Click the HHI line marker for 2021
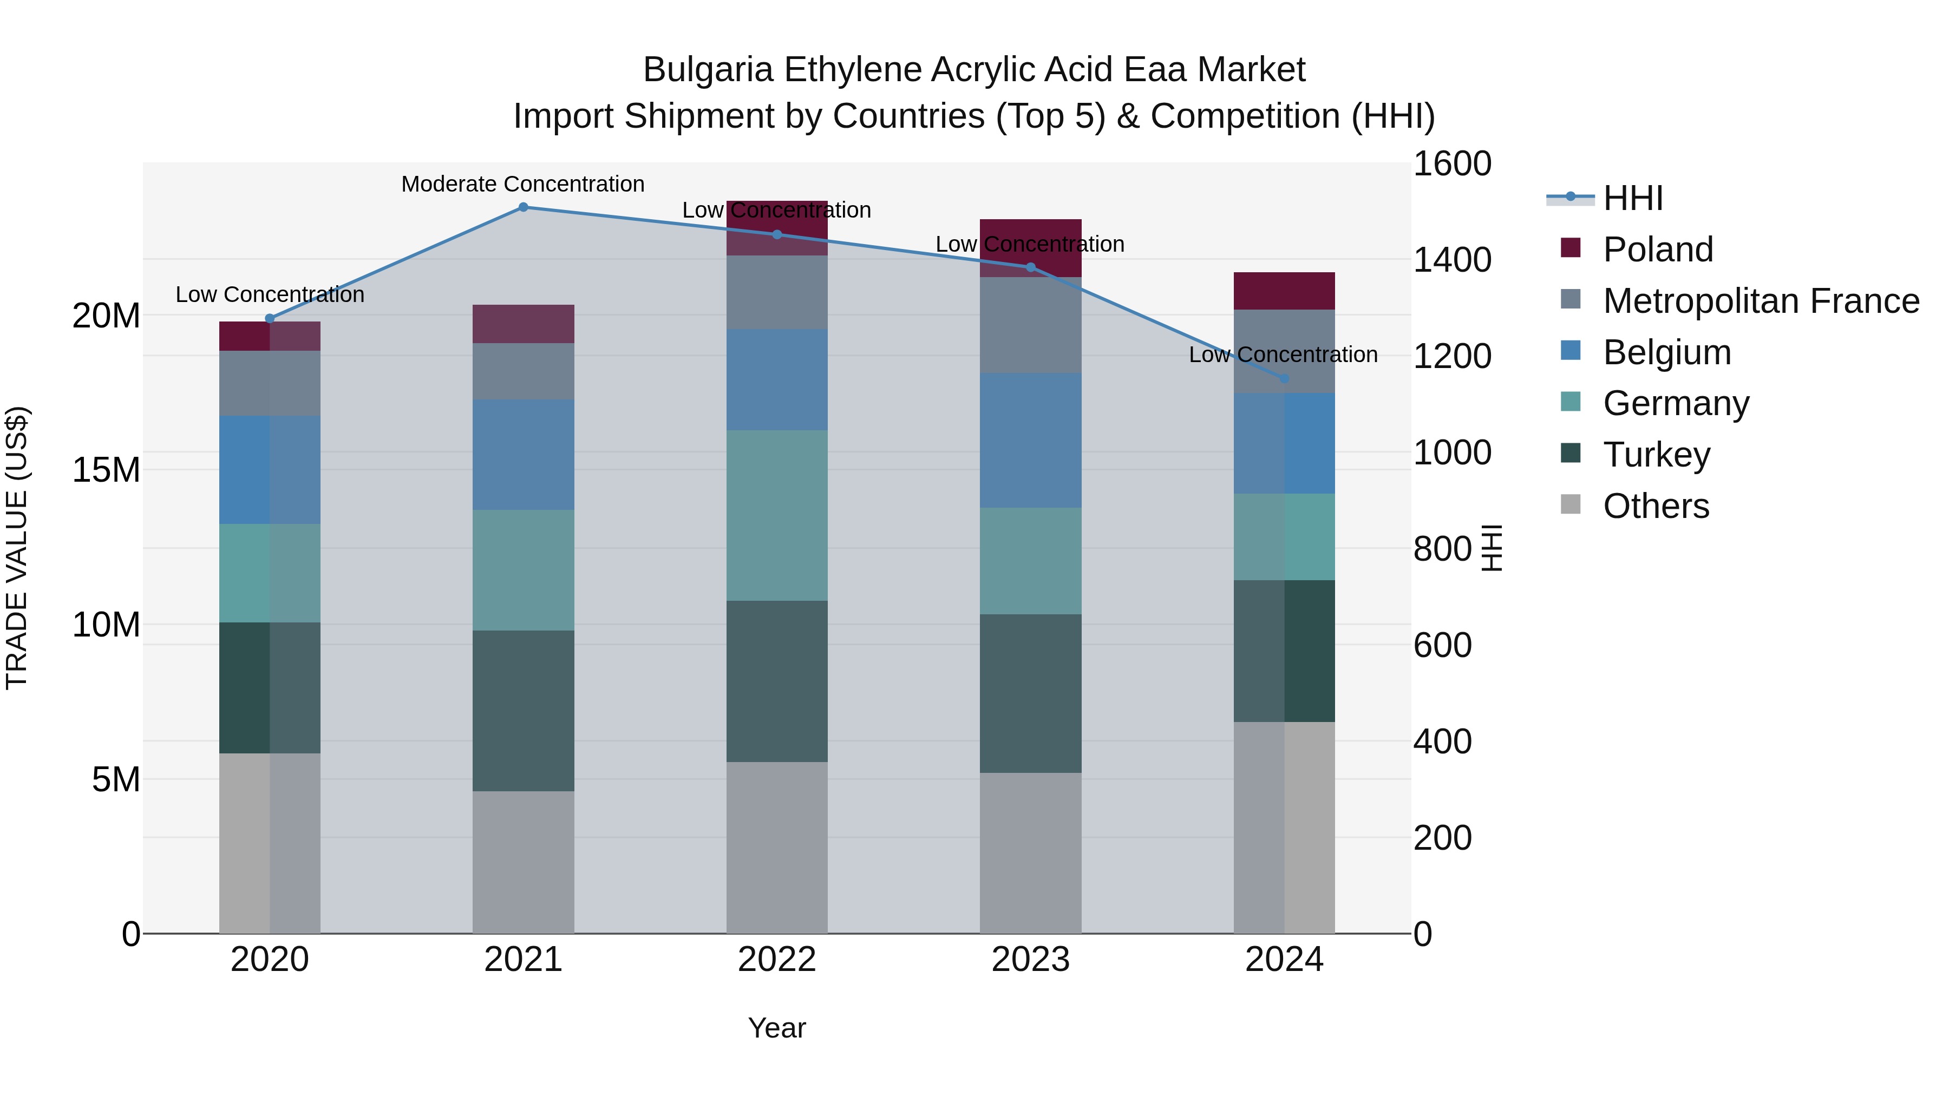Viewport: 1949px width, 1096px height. (523, 207)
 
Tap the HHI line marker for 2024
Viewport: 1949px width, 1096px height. (1284, 378)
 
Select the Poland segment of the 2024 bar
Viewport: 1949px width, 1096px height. (1284, 291)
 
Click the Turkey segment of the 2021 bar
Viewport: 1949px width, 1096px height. (523, 711)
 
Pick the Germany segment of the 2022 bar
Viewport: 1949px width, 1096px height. (776, 516)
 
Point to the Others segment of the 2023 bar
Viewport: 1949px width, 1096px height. (1030, 853)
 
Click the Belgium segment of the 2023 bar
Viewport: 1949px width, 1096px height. (1030, 440)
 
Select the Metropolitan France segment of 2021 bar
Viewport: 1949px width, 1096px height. (523, 371)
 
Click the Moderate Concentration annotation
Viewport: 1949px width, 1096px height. (523, 184)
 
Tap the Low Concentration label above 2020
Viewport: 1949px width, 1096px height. (270, 294)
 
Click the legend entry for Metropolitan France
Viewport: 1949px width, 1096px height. (1761, 301)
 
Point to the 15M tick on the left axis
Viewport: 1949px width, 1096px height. (106, 470)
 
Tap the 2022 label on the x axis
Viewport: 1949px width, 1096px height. (776, 960)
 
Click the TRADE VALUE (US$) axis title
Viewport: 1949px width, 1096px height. (17, 548)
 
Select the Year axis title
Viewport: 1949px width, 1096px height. (776, 1028)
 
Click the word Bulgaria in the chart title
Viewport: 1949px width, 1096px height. (708, 70)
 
